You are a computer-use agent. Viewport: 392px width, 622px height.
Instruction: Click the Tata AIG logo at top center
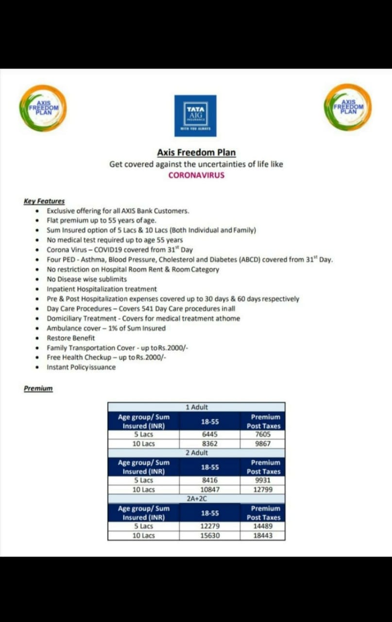[x=195, y=115]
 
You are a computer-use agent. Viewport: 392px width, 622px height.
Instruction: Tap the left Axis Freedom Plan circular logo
[x=43, y=107]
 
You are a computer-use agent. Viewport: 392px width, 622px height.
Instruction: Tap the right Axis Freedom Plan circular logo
[x=348, y=107]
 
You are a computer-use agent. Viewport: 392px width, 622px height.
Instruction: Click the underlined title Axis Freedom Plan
[x=196, y=153]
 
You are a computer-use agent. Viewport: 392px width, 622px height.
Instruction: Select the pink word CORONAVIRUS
[x=196, y=175]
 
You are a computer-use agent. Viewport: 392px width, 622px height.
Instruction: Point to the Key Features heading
[x=44, y=201]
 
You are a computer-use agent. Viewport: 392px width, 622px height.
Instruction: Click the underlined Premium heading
[x=38, y=389]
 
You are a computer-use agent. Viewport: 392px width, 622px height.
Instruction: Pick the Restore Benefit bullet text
[x=71, y=338]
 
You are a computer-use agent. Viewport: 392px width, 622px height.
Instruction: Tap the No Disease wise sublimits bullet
[x=86, y=279]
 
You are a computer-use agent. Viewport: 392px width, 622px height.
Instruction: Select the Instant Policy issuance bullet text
[x=81, y=367]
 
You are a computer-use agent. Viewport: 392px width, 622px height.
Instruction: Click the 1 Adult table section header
[x=196, y=407]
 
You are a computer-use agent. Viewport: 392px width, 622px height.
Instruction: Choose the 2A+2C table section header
[x=197, y=499]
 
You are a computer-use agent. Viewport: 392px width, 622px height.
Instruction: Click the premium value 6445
[x=209, y=435]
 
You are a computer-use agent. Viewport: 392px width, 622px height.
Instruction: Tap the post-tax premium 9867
[x=262, y=444]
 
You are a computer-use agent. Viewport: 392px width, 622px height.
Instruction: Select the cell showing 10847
[x=209, y=489]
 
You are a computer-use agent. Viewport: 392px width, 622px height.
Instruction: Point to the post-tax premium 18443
[x=263, y=536]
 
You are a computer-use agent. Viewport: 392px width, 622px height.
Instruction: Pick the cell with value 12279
[x=210, y=526]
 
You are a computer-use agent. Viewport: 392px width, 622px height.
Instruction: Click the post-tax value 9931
[x=262, y=480]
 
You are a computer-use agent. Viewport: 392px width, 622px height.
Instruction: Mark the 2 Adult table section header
[x=197, y=453]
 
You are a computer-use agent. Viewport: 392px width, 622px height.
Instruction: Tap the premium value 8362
[x=209, y=444]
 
